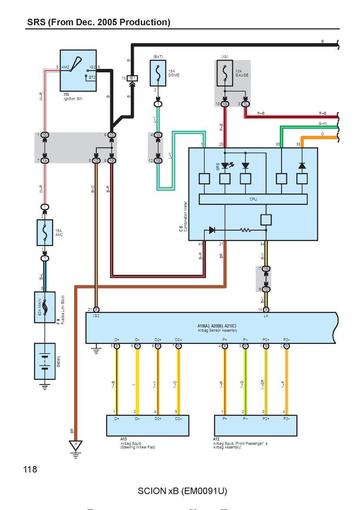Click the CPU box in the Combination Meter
pyautogui.click(x=253, y=199)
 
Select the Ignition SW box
pyautogui.click(x=78, y=71)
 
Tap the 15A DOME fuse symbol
pyautogui.click(x=158, y=73)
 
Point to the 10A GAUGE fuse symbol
pyautogui.click(x=225, y=73)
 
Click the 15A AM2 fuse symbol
pyautogui.click(x=45, y=233)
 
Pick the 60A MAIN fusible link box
pyautogui.click(x=45, y=307)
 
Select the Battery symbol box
pyautogui.click(x=45, y=361)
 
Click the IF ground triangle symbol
pyautogui.click(x=75, y=445)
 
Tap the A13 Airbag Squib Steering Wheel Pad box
pyautogui.click(x=148, y=425)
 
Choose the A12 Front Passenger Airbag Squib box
pyautogui.click(x=255, y=425)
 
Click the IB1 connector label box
pyautogui.click(x=132, y=78)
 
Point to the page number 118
pyautogui.click(x=30, y=469)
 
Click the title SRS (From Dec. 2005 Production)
pyautogui.click(x=98, y=22)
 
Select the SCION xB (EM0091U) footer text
pyautogui.click(x=183, y=491)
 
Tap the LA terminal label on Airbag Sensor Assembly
pyautogui.click(x=266, y=316)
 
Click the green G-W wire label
pyautogui.click(x=323, y=124)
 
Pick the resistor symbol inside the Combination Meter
pyautogui.click(x=245, y=230)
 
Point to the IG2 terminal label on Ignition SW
pyautogui.click(x=93, y=67)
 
